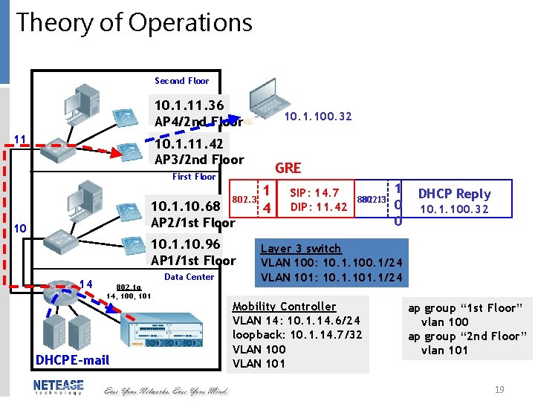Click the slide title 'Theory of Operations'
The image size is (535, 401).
coord(134,23)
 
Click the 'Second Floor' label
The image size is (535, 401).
coord(181,80)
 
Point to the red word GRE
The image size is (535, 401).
coord(288,169)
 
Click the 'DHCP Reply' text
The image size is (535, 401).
coord(454,193)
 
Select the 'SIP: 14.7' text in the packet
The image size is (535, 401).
coord(314,193)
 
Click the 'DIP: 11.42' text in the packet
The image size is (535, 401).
coord(319,206)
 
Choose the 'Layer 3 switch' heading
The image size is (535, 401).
coord(301,249)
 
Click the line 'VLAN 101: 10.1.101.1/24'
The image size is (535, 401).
coord(331,278)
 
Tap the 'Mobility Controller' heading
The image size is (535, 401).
coord(284,306)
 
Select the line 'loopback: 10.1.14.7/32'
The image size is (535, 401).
coord(297,335)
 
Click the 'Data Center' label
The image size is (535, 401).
coord(189,277)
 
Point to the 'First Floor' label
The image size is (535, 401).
coord(194,177)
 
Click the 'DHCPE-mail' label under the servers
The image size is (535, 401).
coord(72,360)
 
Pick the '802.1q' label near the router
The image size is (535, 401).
coord(128,286)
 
